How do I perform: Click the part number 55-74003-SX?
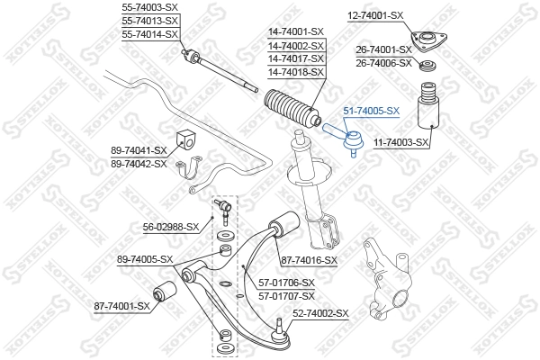149,7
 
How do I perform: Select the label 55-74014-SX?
149,33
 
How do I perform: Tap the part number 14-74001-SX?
295,32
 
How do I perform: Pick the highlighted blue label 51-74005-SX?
371,111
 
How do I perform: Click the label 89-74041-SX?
139,150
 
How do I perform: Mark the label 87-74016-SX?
309,260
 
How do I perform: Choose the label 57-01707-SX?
286,295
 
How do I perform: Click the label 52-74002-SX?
319,313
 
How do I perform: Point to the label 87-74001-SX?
121,307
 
